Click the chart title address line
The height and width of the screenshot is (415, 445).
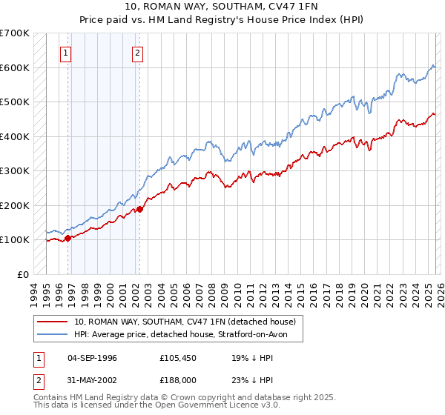coord(222,7)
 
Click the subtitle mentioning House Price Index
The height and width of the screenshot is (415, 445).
coord(222,20)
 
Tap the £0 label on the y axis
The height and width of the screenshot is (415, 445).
coord(22,274)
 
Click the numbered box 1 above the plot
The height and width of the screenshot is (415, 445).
coord(67,53)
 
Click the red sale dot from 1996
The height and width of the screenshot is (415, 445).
coord(67,238)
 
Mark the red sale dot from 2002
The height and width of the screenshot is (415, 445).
coord(139,210)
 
